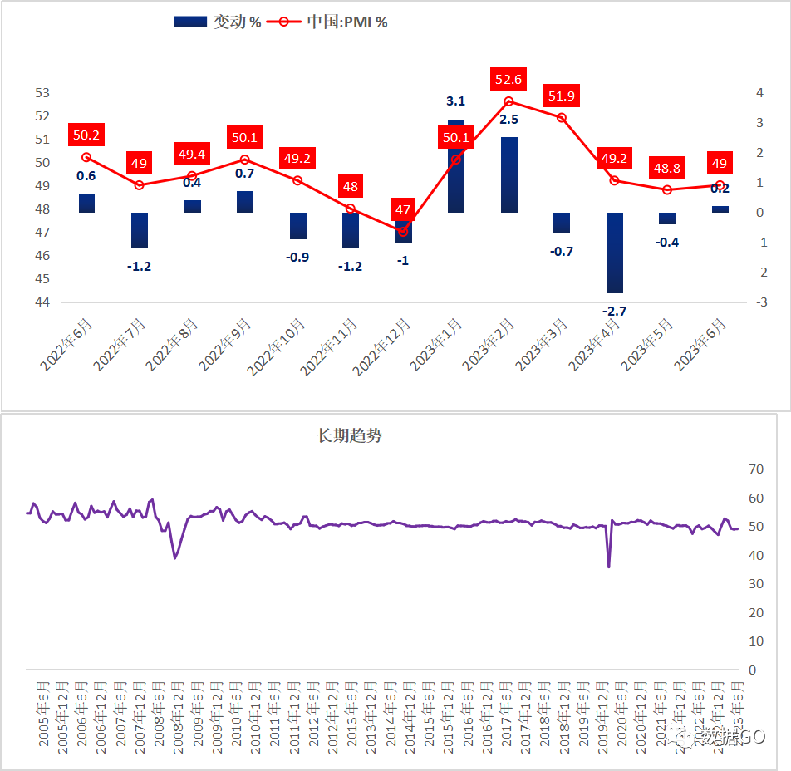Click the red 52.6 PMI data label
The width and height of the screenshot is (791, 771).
coord(508,80)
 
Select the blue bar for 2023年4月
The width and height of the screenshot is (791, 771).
coord(614,253)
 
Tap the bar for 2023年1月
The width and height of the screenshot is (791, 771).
coord(456,166)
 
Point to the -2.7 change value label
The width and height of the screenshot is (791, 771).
coord(614,311)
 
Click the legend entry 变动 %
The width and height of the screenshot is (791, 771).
coord(218,22)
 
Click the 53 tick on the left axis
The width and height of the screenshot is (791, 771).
coord(42,93)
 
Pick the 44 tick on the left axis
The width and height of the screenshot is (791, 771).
coord(42,302)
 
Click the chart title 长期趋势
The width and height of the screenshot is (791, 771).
coord(350,435)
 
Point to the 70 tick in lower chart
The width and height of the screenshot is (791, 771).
coord(756,469)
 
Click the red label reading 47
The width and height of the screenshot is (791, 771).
coord(403,209)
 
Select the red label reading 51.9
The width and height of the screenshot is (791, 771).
coord(561,96)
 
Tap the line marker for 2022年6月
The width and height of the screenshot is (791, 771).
coord(86,157)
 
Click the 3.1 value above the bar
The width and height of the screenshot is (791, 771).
coord(456,101)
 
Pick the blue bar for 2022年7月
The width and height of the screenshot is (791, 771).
coord(139,230)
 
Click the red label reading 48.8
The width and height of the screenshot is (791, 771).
coord(667,168)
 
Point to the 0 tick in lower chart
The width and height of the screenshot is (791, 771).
coord(754,670)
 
